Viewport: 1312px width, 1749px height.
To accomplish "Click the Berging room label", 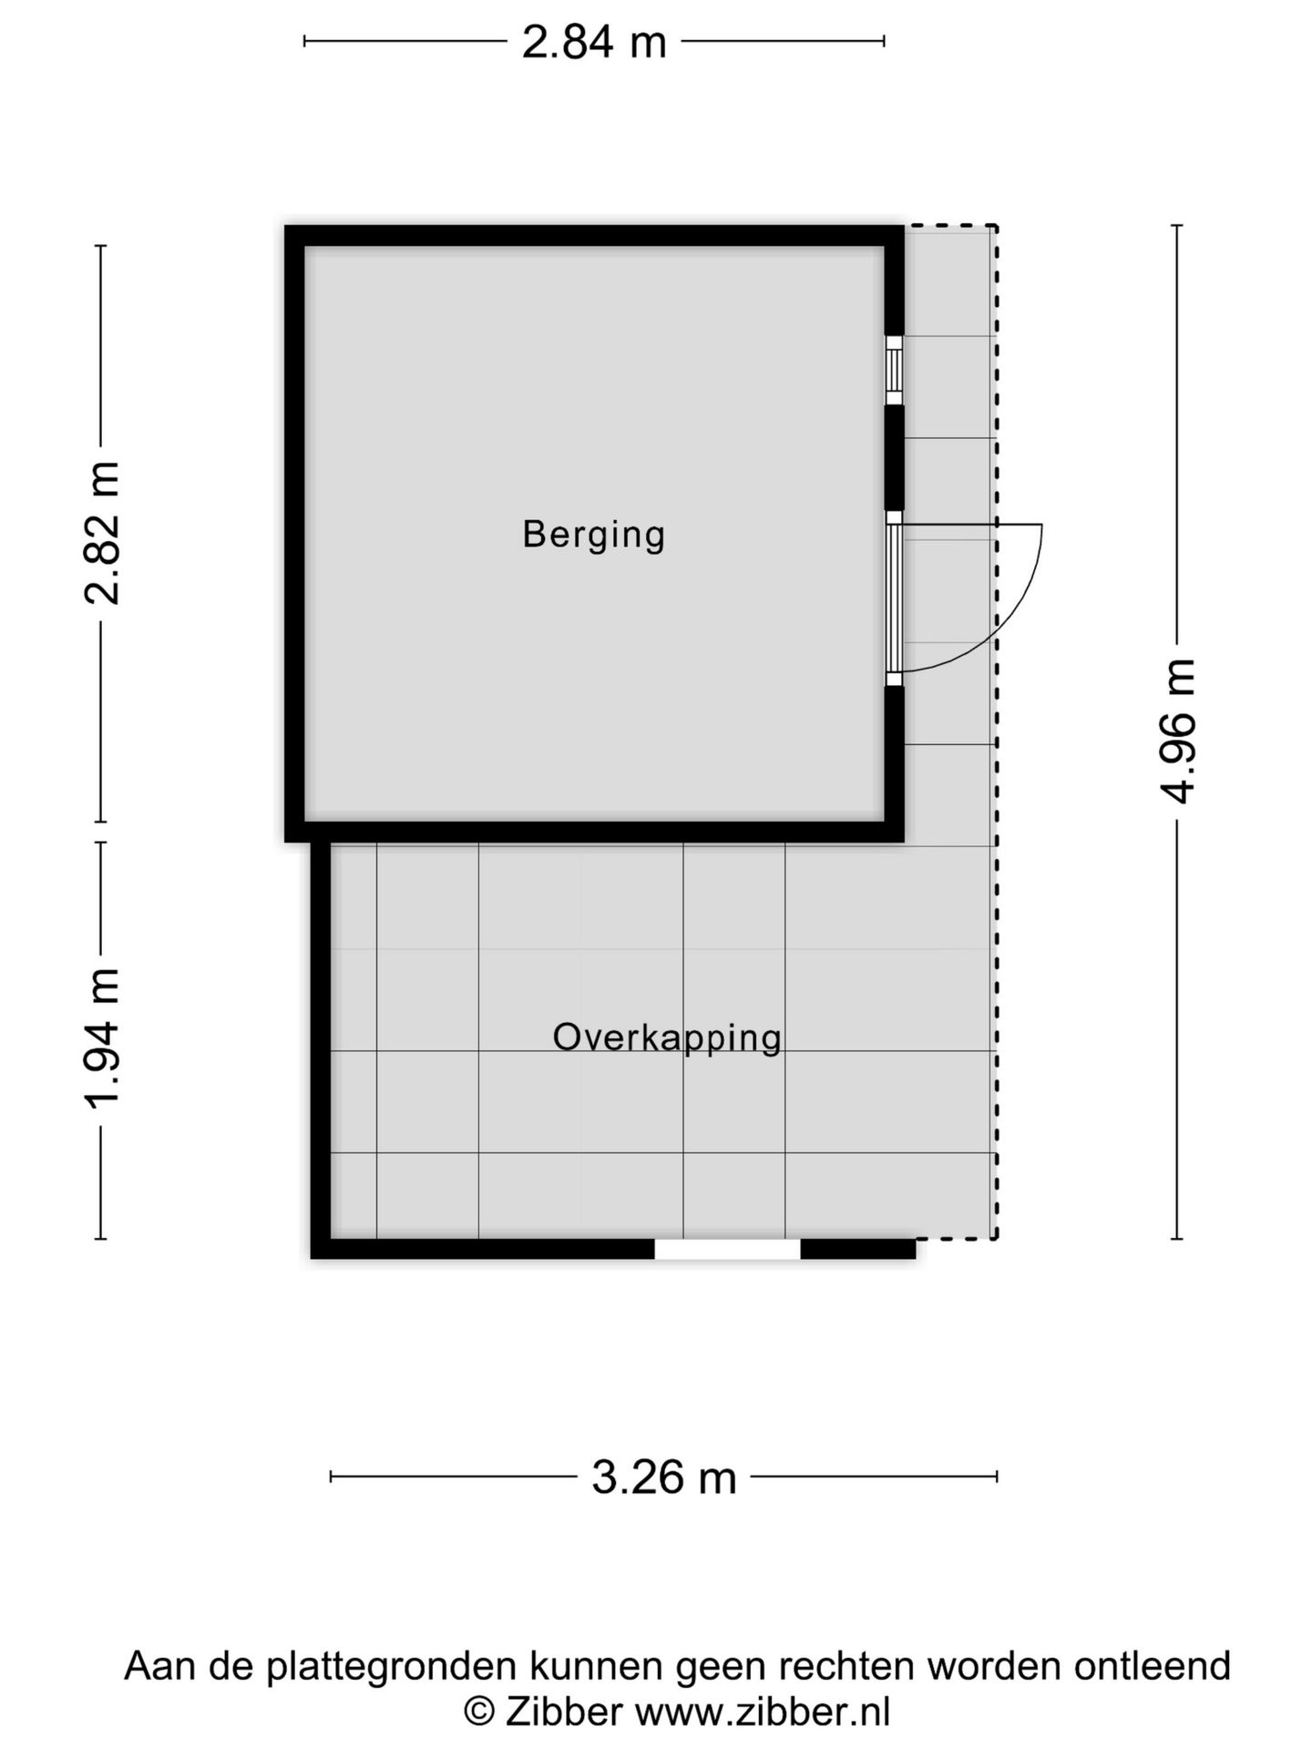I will click(593, 535).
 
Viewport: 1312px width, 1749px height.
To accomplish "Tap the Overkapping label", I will click(667, 1038).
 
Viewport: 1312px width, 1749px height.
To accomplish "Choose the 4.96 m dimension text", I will click(1177, 731).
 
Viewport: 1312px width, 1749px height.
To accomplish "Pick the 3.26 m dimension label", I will click(663, 1477).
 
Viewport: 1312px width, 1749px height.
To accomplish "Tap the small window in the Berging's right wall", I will click(894, 370).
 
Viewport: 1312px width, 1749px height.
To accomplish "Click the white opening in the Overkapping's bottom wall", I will click(727, 1249).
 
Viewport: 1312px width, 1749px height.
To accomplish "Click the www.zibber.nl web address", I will click(762, 1712).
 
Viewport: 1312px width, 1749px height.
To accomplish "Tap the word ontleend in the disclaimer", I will click(1152, 1666).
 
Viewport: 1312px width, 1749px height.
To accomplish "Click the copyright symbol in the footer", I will click(478, 1712).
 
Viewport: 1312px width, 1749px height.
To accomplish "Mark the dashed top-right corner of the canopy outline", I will click(996, 226).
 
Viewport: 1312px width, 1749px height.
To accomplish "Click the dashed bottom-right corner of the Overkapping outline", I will click(996, 1238).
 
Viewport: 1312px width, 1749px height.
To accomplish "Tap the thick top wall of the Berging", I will click(593, 236).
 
